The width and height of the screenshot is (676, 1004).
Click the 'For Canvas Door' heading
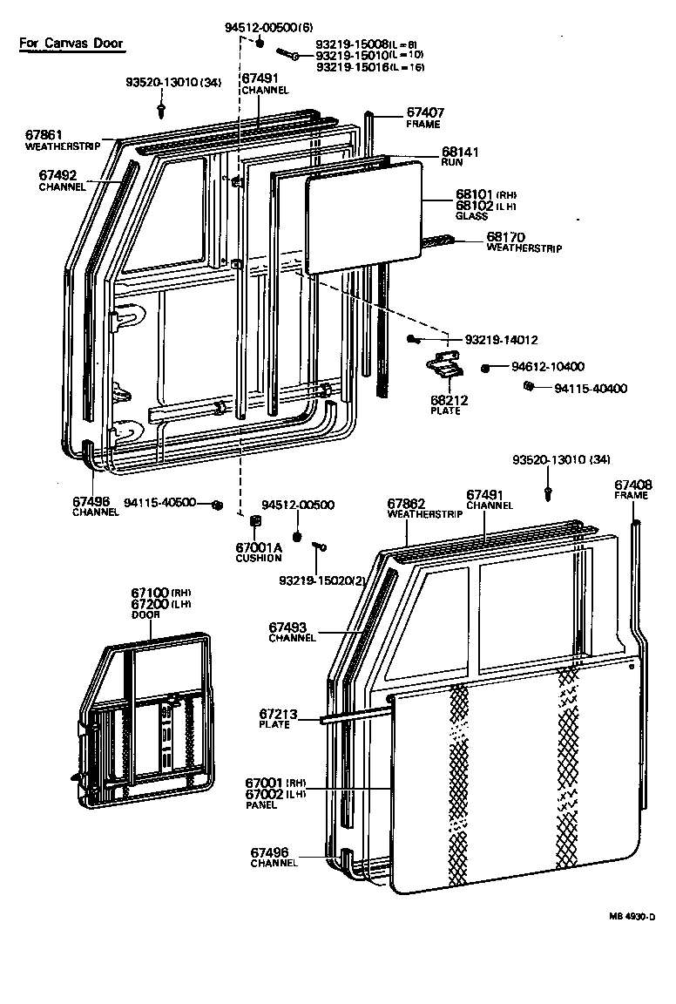[x=71, y=43]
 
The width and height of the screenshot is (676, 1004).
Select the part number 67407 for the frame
[x=425, y=112]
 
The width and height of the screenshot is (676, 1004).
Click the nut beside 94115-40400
[x=528, y=387]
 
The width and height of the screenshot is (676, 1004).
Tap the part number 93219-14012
[x=501, y=339]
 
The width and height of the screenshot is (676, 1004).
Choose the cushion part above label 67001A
[x=256, y=523]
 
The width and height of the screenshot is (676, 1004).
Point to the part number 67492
[x=57, y=174]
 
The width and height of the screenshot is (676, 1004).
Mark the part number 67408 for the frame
[x=632, y=485]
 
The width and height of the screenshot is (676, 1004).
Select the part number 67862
[x=406, y=503]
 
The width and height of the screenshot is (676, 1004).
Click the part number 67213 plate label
[x=278, y=715]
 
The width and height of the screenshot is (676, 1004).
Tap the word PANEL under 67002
[x=261, y=805]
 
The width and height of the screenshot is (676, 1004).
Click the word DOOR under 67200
[x=145, y=614]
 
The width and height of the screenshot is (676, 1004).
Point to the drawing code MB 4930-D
[x=632, y=917]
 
